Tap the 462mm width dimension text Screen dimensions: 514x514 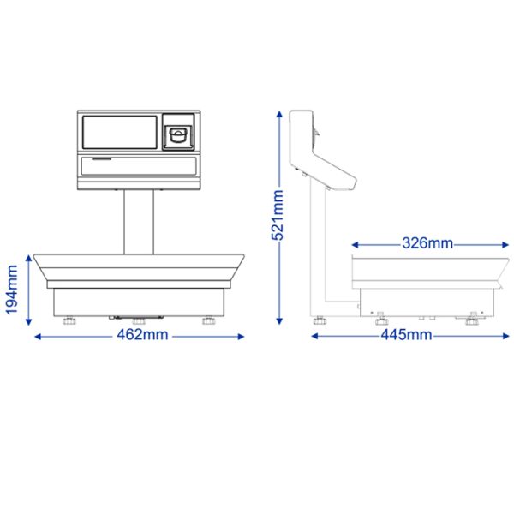pyautogui.click(x=142, y=335)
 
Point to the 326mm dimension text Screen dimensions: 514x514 pyautogui.click(x=427, y=242)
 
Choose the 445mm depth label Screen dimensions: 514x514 pyautogui.click(x=405, y=335)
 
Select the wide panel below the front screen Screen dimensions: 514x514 pyautogui.click(x=139, y=164)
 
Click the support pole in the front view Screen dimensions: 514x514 pyautogui.click(x=139, y=221)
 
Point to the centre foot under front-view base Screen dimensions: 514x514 pyautogui.click(x=139, y=320)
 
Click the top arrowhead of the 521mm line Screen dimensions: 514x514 pyautogui.click(x=278, y=115)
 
